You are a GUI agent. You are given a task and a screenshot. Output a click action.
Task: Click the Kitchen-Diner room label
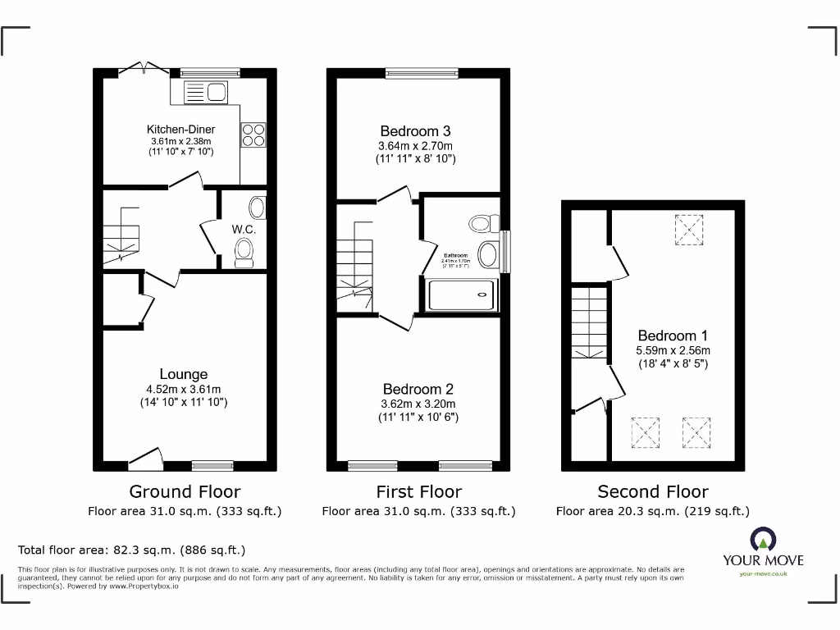pos(180,130)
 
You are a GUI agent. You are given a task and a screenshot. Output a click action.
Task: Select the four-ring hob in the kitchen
pos(253,135)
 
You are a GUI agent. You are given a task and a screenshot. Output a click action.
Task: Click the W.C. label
pos(244,229)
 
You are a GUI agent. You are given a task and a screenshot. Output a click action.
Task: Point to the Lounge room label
pos(183,375)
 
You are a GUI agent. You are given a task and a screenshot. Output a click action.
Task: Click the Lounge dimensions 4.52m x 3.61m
pos(183,389)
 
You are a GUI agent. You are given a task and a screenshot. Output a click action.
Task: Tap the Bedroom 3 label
pos(415,131)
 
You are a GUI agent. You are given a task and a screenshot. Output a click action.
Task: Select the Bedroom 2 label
pos(418,389)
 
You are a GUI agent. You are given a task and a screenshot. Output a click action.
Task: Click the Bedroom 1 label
pos(673,336)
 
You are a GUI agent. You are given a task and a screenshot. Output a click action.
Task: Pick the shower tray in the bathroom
pos(462,294)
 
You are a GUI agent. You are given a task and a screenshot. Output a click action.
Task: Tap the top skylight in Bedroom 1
pos(688,229)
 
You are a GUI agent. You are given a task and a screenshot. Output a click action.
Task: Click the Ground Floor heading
pos(185,491)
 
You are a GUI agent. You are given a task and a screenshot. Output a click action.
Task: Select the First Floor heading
pos(418,491)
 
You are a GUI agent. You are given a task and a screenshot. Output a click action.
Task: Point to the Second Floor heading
pos(652,491)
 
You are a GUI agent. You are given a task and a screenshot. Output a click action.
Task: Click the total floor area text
pos(132,550)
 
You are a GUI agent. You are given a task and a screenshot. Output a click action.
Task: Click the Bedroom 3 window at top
pos(422,74)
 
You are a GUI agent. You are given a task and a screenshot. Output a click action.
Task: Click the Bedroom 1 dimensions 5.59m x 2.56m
pos(673,349)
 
